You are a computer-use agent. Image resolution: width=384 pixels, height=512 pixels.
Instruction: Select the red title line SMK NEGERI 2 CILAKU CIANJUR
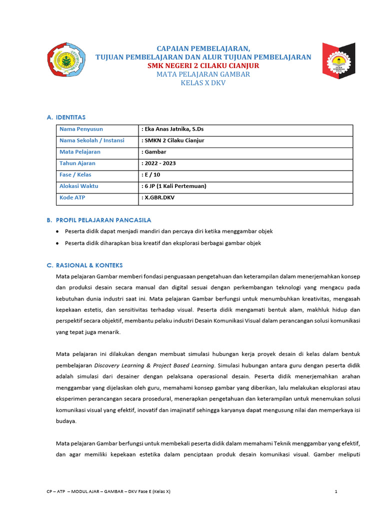point(202,65)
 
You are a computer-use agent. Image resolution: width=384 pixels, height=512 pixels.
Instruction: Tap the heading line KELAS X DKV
point(203,82)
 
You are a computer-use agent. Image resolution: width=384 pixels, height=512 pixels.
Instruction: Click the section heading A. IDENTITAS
point(66,117)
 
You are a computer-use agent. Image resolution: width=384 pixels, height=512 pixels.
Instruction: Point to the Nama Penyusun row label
point(81,129)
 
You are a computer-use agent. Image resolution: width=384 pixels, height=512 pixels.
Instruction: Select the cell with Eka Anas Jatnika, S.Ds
point(172,129)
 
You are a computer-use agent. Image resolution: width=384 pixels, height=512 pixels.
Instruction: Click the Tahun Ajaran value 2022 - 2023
point(159,163)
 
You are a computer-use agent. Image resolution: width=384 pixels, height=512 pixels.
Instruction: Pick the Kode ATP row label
point(72,197)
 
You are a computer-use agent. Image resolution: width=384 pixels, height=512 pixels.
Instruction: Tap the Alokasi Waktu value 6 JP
point(174,186)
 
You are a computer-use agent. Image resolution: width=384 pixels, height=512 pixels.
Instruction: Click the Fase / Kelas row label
point(75,175)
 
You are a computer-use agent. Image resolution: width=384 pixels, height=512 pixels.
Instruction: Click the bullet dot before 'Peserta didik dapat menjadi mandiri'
point(58,231)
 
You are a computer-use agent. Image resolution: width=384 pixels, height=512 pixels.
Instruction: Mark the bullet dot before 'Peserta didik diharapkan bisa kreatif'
point(58,243)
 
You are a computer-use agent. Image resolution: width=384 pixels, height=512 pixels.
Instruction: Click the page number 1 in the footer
point(336,491)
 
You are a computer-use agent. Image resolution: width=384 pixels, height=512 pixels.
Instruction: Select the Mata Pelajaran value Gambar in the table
point(154,152)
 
